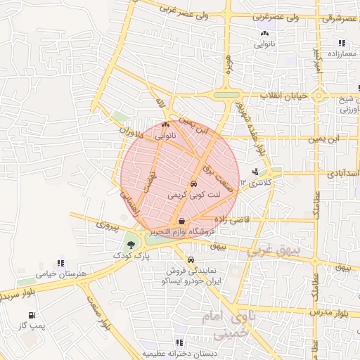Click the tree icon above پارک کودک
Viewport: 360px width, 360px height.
131,245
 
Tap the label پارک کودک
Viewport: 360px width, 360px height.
131,257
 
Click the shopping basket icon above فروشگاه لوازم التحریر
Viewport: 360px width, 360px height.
182,221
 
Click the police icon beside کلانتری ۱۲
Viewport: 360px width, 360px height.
255,171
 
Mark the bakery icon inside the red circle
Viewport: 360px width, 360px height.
165,125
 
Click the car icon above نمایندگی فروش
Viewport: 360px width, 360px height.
191,259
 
